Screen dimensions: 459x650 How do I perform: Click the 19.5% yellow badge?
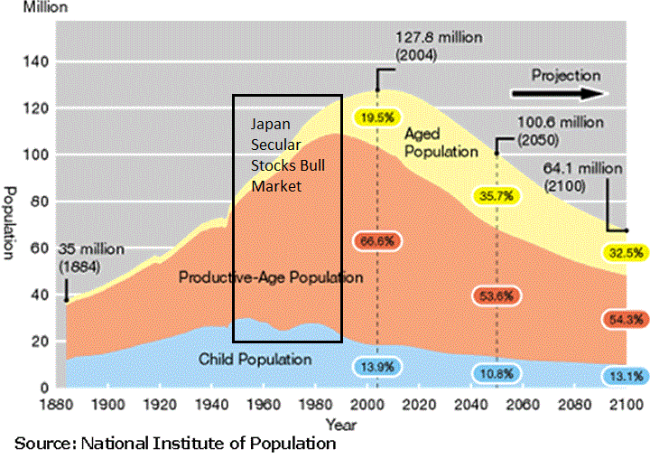click(376, 117)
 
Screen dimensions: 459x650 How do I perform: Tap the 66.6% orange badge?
click(377, 239)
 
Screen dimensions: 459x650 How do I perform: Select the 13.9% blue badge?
click(377, 367)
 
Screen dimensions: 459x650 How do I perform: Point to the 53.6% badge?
click(495, 296)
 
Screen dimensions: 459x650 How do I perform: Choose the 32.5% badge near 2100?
click(623, 252)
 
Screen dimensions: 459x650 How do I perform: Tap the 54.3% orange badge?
click(623, 319)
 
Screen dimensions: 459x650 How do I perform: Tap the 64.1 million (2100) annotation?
click(583, 177)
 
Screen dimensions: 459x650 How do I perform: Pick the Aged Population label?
click(441, 142)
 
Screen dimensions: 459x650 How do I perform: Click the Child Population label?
click(255, 360)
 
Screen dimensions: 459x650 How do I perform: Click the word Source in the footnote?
click(45, 443)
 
